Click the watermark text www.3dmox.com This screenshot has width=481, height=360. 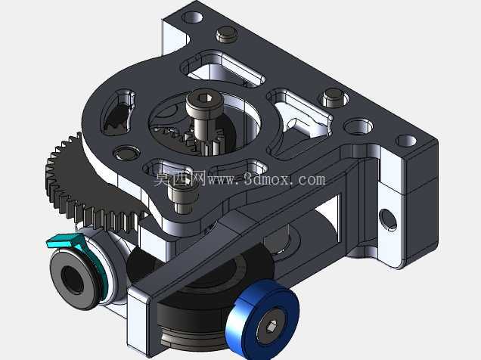pyautogui.click(x=265, y=179)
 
